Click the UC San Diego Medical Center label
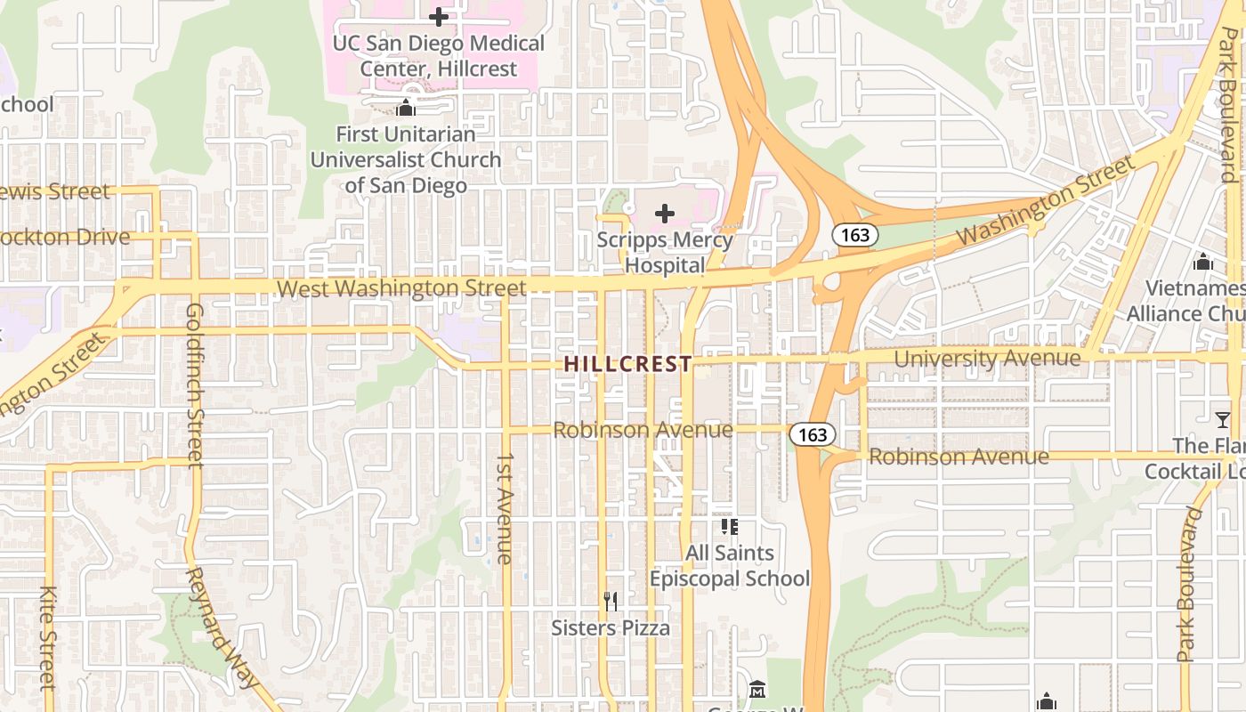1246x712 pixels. click(x=438, y=55)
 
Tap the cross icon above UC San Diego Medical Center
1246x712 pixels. click(x=438, y=16)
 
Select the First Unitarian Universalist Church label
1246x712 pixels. click(x=406, y=160)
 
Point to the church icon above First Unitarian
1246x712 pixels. click(x=406, y=109)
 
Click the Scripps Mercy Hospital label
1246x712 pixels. click(x=665, y=252)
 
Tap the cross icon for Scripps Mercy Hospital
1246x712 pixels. click(x=665, y=214)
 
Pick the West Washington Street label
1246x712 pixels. click(x=401, y=288)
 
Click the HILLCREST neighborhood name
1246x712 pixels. click(x=628, y=363)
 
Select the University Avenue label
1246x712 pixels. click(x=987, y=358)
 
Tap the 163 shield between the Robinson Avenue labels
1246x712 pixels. click(x=813, y=434)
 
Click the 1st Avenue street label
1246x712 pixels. click(x=505, y=508)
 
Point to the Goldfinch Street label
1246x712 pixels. click(x=195, y=384)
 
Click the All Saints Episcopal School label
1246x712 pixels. click(x=730, y=566)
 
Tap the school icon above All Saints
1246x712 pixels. click(x=730, y=527)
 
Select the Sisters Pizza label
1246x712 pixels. click(x=611, y=628)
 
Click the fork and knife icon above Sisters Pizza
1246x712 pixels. click(x=611, y=602)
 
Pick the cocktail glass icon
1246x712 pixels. click(x=1223, y=418)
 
